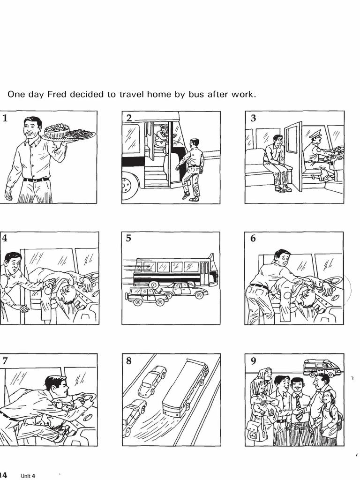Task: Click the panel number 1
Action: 5,118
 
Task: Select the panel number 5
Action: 128,239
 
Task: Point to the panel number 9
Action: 253,360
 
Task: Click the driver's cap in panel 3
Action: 315,133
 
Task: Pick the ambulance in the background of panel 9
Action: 322,368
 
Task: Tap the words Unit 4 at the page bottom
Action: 28,476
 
